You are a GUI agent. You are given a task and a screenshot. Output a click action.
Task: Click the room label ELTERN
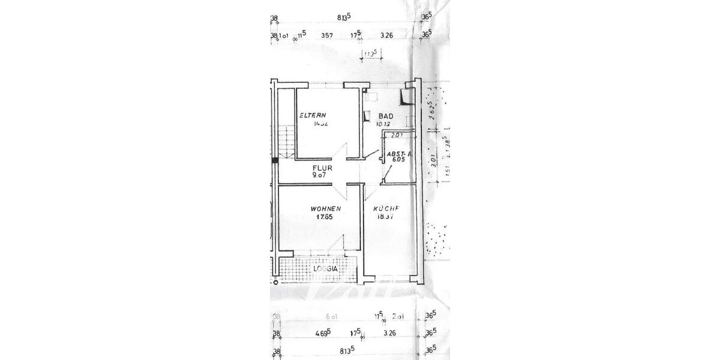(313, 115)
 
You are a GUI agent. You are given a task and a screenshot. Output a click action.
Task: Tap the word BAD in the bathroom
(386, 116)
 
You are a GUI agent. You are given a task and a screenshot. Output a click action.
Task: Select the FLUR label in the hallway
(322, 168)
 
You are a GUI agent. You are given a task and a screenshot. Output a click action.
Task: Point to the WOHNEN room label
(326, 209)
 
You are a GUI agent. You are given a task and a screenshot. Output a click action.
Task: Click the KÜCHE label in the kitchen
(386, 209)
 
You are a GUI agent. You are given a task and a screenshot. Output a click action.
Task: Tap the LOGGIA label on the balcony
(325, 269)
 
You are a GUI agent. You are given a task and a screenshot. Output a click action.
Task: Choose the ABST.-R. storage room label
(398, 154)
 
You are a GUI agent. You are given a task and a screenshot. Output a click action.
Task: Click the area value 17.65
(325, 217)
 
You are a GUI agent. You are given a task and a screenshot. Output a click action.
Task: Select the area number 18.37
(384, 217)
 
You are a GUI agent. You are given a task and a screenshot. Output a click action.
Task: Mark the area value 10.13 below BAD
(383, 125)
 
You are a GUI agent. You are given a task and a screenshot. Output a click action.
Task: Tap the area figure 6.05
(398, 161)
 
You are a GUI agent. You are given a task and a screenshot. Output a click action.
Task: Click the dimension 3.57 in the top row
(327, 35)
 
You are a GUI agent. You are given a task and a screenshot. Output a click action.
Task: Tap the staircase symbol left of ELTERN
(286, 142)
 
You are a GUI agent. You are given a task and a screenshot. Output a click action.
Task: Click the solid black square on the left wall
(275, 160)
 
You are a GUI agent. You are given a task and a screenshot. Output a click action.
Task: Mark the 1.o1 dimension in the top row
(284, 35)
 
